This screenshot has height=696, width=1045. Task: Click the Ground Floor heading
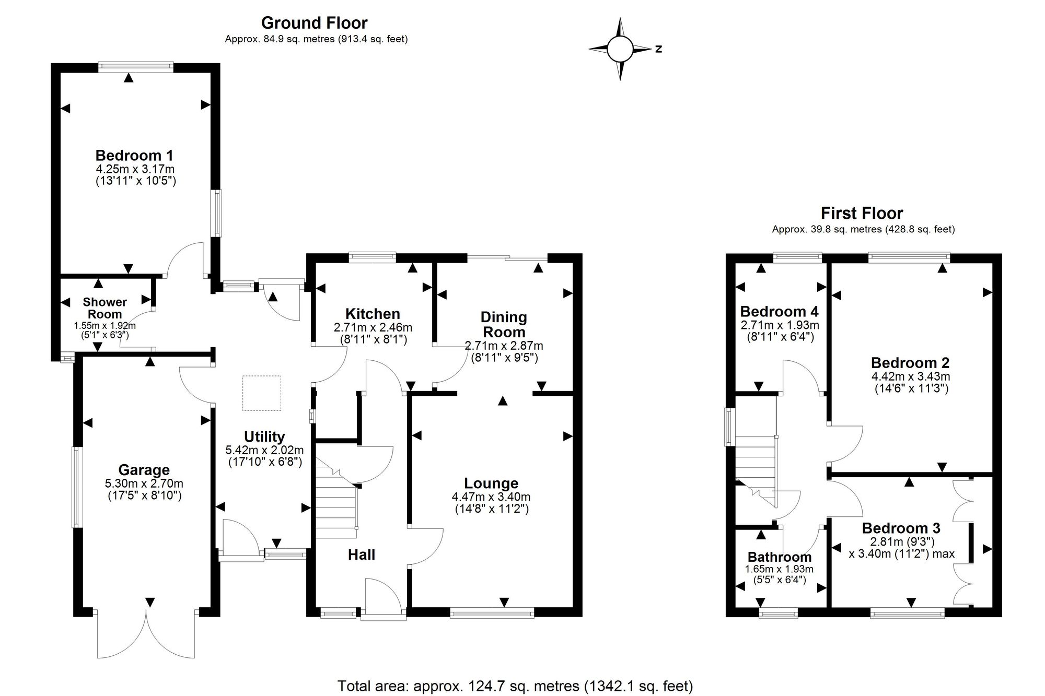pos(314,23)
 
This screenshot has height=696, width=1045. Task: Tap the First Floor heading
pos(862,213)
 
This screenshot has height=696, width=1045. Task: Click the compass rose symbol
pos(620,49)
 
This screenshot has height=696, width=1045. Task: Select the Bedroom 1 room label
pos(134,155)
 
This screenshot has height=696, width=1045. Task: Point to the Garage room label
pos(144,470)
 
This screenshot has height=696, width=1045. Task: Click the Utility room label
pos(264,437)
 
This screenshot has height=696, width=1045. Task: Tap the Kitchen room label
pos(373,314)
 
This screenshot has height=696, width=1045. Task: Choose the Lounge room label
pos(491,483)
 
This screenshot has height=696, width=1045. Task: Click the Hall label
pos(362,555)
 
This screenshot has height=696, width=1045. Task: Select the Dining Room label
pos(504,324)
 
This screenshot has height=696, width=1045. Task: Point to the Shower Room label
pos(105,308)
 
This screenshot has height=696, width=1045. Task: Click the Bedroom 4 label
pos(780,312)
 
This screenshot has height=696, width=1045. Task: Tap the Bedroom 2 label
pos(910,363)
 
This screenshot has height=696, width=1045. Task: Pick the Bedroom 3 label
pos(901,528)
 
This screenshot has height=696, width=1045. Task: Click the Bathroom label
pos(780,557)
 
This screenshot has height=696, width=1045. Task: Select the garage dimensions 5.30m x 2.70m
pos(144,484)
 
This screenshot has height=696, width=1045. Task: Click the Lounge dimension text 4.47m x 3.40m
pos(491,497)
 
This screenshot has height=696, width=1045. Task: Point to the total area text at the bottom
pos(515,686)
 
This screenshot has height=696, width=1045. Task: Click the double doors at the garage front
pos(146,634)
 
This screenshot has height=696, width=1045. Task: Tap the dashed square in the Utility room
pos(262,393)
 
